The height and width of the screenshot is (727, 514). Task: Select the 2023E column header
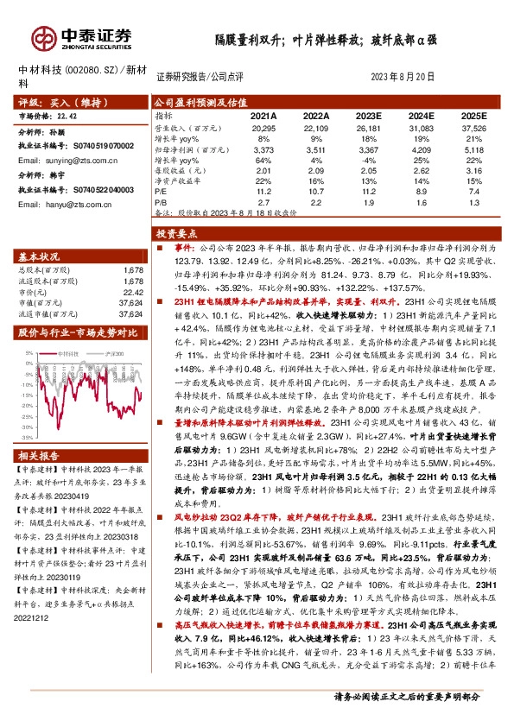pos(368,115)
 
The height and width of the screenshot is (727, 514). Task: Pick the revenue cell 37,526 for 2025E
pos(473,128)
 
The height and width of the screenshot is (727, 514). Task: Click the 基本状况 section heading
pos(40,257)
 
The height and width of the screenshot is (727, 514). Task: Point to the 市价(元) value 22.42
pos(131,292)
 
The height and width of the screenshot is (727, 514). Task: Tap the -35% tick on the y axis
pos(27,439)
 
